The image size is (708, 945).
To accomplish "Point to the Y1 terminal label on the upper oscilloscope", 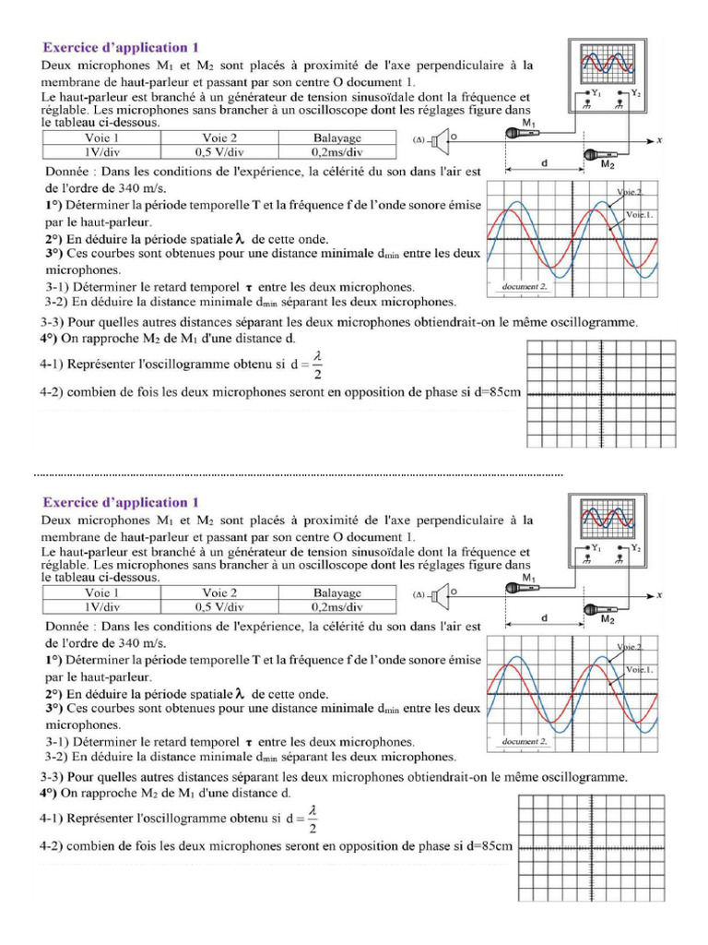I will pyautogui.click(x=596, y=93).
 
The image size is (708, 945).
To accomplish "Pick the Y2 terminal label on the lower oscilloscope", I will pyautogui.click(x=635, y=548).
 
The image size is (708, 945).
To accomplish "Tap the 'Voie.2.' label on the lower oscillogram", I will pyautogui.click(x=630, y=647).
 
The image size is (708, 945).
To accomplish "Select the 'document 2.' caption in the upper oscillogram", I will pyautogui.click(x=525, y=287).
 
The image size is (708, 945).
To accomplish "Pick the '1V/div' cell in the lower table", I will pyautogui.click(x=101, y=606).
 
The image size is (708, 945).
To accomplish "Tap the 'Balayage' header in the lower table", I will pyautogui.click(x=337, y=592).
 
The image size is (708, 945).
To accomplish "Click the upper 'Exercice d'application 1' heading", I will pyautogui.click(x=120, y=46).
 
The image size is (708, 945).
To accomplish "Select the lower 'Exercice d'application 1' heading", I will pyautogui.click(x=120, y=503).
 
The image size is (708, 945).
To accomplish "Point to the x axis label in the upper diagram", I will pyautogui.click(x=660, y=140).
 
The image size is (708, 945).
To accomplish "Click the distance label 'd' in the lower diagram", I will pyautogui.click(x=544, y=618).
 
